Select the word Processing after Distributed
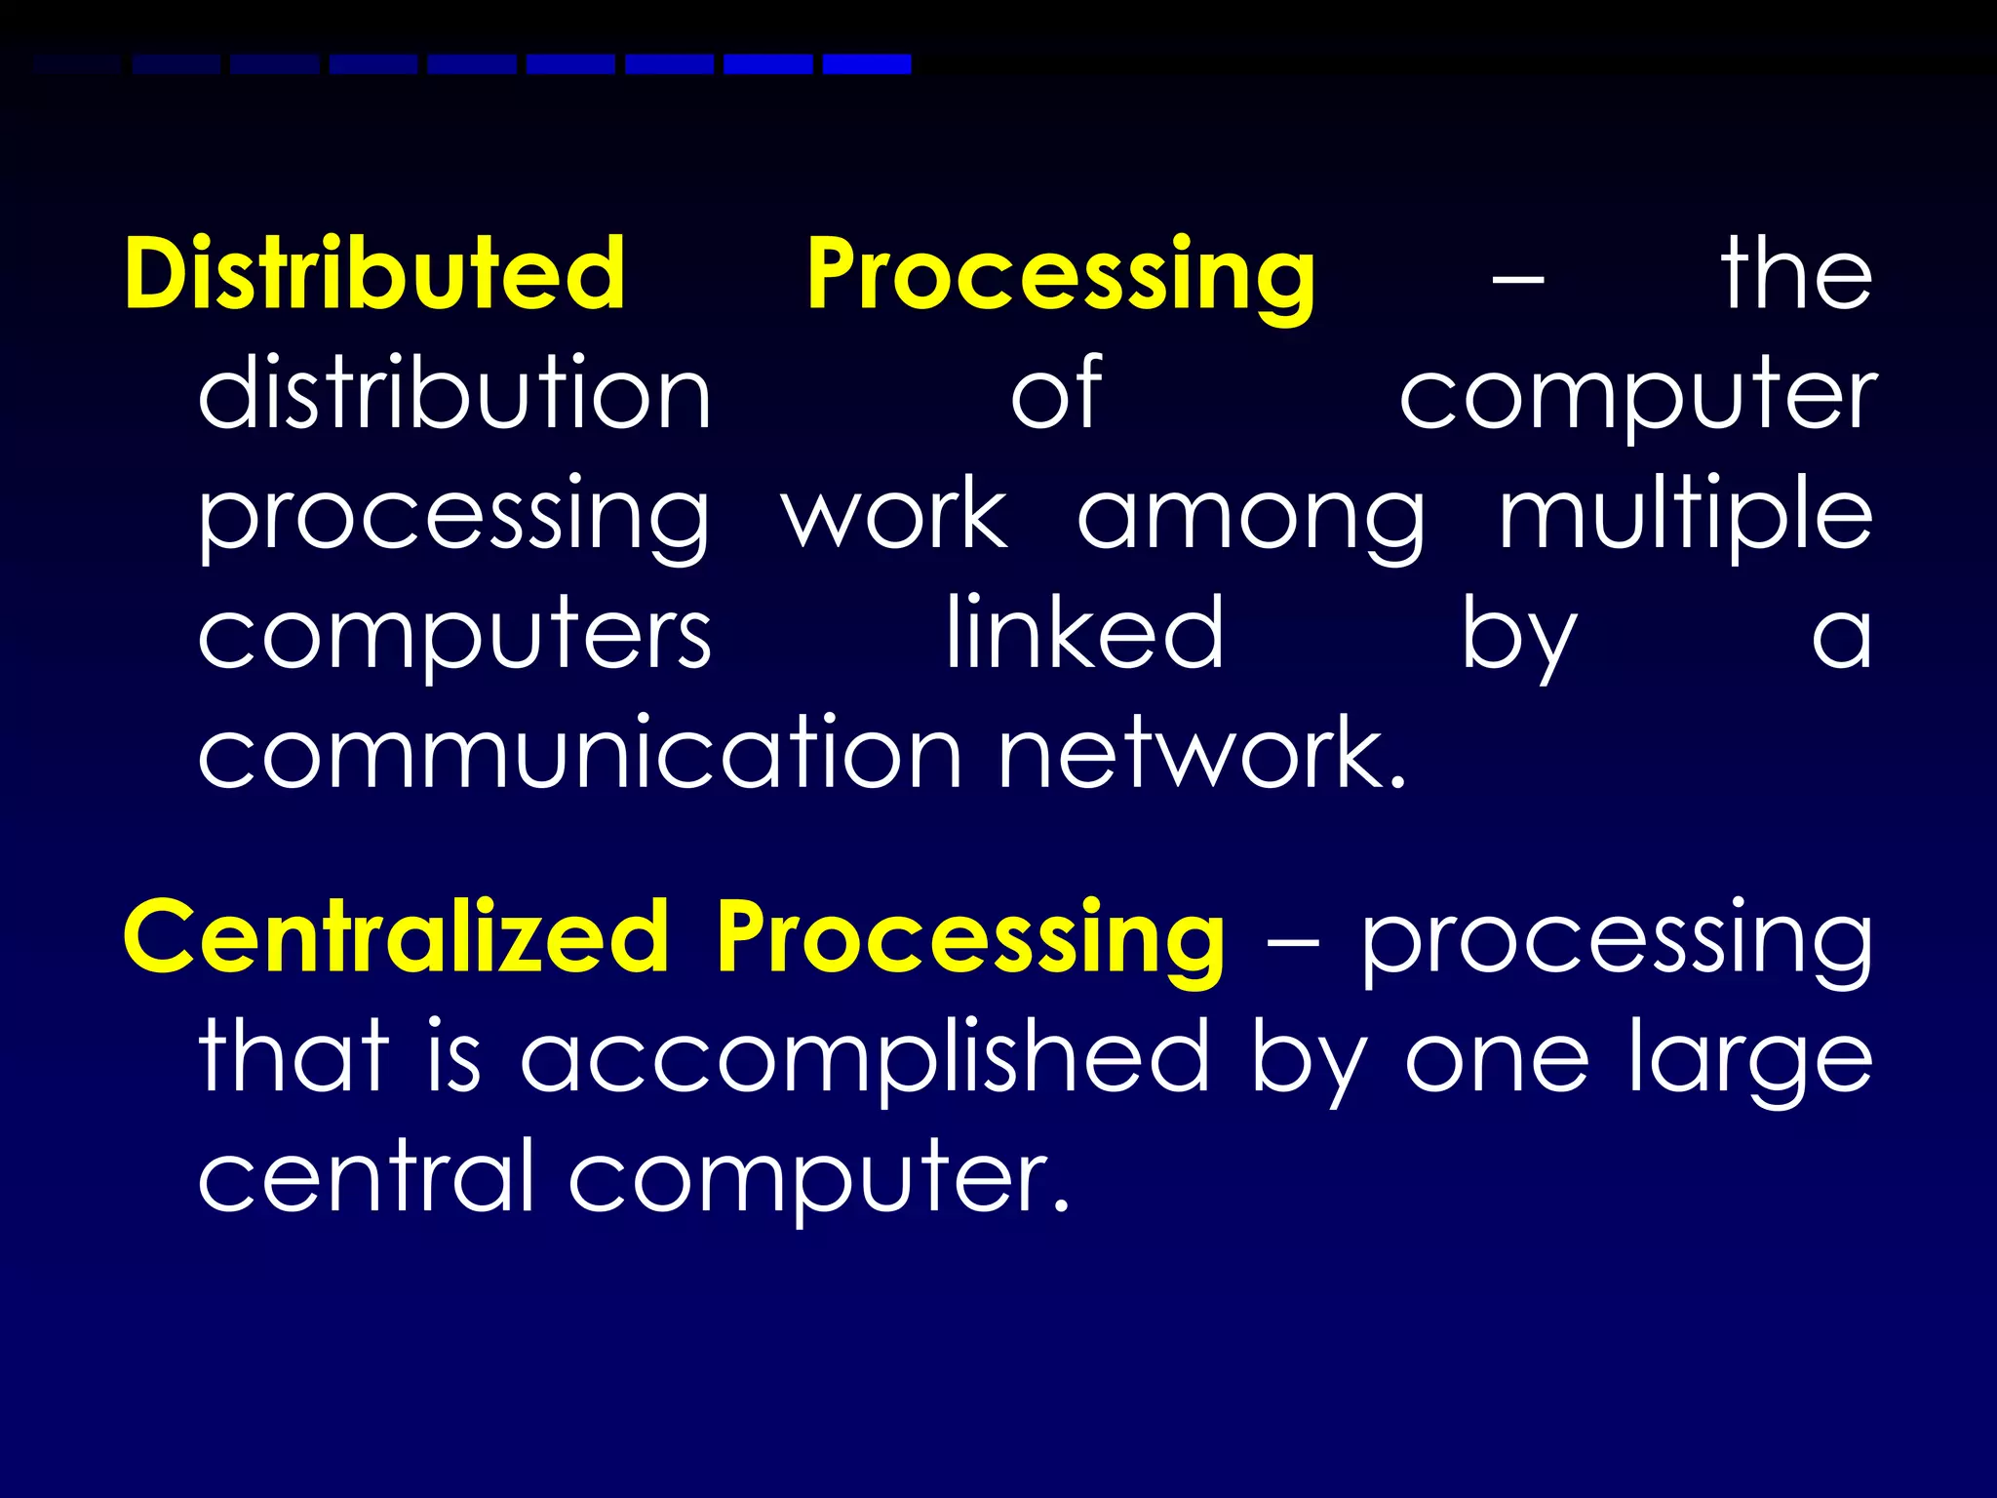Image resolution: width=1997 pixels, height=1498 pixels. tap(1061, 275)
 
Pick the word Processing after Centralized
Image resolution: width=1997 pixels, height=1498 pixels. tap(970, 938)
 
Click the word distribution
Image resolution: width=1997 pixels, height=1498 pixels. tap(454, 393)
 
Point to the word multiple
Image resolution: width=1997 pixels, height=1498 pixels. tap(1685, 515)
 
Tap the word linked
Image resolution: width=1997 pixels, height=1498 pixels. tap(1084, 634)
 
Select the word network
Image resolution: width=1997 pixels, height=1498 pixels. tap(1201, 753)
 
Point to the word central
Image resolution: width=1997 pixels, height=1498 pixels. tap(366, 1176)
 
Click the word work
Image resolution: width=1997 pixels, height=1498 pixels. tap(894, 515)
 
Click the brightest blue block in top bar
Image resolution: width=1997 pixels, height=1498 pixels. tap(867, 64)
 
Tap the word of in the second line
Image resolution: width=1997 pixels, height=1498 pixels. tap(1056, 393)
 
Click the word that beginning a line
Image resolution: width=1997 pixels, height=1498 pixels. tap(294, 1057)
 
